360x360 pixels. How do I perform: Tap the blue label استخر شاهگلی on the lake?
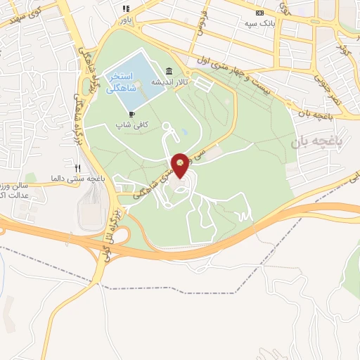pos(122,82)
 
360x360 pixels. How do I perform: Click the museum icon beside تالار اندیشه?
pos(168,72)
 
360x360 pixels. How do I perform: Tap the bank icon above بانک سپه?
pos(260,12)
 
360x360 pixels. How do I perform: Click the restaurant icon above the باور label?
pos(126,8)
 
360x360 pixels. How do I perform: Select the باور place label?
pos(127,19)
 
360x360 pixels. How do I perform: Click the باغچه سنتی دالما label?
pos(78,179)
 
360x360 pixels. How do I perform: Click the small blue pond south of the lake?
pos(184,131)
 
